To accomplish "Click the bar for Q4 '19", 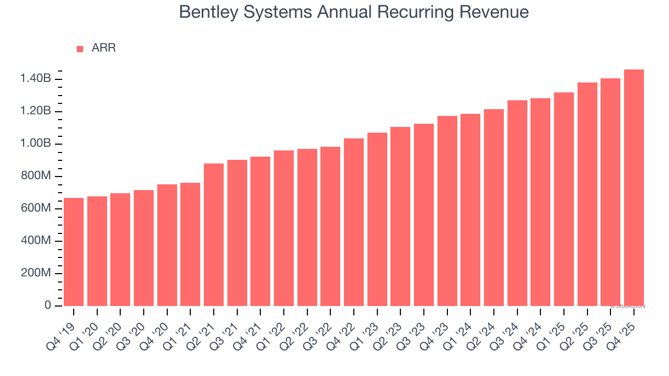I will (x=74, y=252).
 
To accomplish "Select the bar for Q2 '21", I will (x=214, y=234).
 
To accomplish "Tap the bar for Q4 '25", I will (x=633, y=187).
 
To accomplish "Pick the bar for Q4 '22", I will (x=354, y=222).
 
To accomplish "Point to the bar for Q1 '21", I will (x=190, y=244).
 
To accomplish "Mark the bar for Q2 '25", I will (x=587, y=194).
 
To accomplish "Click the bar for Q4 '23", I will (x=447, y=210).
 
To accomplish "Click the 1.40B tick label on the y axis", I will (x=36, y=79).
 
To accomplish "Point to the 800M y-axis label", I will (x=36, y=176).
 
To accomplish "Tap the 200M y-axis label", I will (x=36, y=273).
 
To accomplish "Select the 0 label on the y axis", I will (x=48, y=305).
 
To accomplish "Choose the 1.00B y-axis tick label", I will (x=36, y=144).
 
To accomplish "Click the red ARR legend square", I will (x=80, y=49).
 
